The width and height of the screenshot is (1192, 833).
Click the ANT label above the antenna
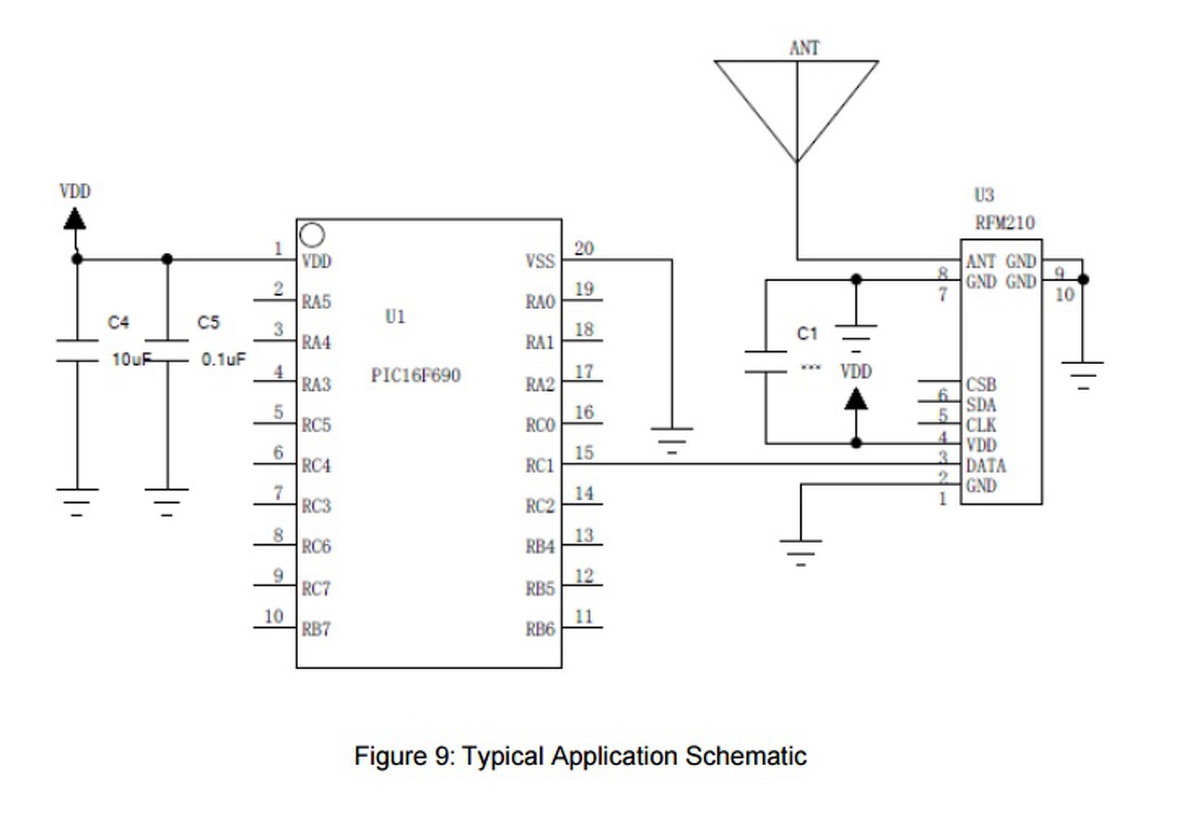pyautogui.click(x=804, y=48)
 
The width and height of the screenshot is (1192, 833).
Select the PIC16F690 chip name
pyautogui.click(x=415, y=377)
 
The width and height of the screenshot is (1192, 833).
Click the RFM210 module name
pyautogui.click(x=1004, y=222)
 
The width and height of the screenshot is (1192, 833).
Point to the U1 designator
pyautogui.click(x=395, y=317)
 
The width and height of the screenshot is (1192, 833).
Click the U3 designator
pyautogui.click(x=984, y=196)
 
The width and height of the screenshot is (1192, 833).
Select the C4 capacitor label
pyautogui.click(x=118, y=323)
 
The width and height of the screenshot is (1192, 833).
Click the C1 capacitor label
pyautogui.click(x=807, y=333)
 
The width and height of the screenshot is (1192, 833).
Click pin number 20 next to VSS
pyautogui.click(x=585, y=249)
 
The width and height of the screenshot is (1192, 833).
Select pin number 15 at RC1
pyautogui.click(x=585, y=453)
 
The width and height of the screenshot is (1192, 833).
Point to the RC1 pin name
pyautogui.click(x=540, y=465)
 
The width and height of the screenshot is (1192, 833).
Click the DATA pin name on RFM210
pyautogui.click(x=986, y=465)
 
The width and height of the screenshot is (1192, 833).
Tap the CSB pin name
pyautogui.click(x=981, y=383)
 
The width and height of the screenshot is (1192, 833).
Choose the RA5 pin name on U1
pyautogui.click(x=317, y=302)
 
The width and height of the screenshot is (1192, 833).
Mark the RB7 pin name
pyautogui.click(x=317, y=630)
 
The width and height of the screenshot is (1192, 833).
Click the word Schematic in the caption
pyautogui.click(x=746, y=756)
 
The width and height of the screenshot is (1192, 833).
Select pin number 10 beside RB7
pyautogui.click(x=274, y=616)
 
